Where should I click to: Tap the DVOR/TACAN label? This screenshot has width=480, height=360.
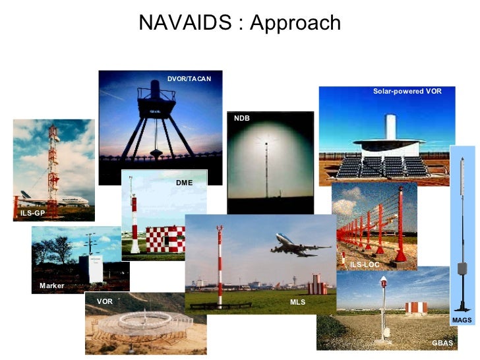[189, 79]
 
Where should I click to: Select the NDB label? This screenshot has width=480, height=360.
[242, 118]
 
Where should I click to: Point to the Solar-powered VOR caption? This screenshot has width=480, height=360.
[407, 91]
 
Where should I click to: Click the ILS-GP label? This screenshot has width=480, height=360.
[32, 214]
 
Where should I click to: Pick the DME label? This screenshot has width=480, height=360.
[184, 182]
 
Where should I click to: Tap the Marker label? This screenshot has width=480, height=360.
[51, 285]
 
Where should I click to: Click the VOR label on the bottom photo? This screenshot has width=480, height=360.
[105, 301]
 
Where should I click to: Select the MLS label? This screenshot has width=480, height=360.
[297, 301]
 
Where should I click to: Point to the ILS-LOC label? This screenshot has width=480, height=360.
[365, 264]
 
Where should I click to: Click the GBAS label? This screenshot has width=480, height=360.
[442, 343]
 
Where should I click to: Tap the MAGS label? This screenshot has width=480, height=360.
[462, 320]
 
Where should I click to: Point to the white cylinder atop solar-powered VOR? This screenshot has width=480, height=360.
[390, 128]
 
